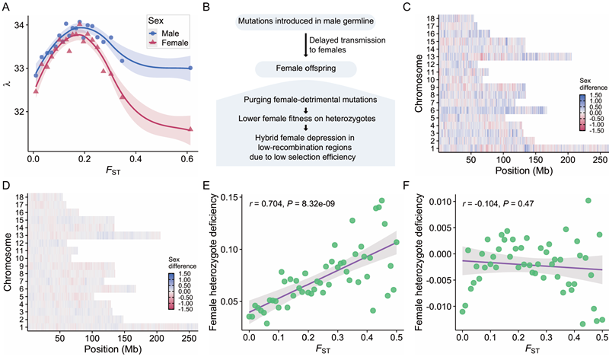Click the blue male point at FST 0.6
click(190, 68)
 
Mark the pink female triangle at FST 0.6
click(190, 129)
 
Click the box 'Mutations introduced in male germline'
click(306, 21)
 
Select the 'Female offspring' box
click(306, 68)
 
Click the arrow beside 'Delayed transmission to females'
click(306, 45)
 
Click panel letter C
click(407, 7)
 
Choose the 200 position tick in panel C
click(568, 159)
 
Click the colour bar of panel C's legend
click(582, 113)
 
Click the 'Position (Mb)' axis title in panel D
click(113, 349)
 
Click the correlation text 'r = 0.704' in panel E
click(264, 203)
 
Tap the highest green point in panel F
click(588, 200)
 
